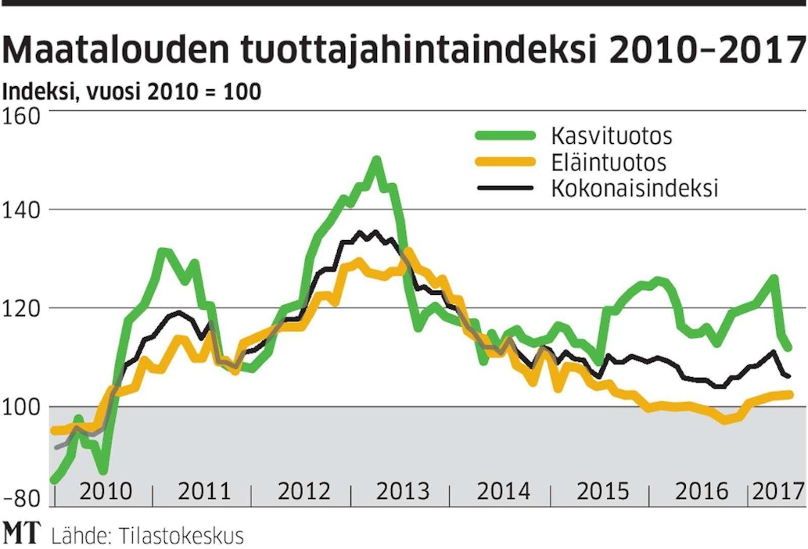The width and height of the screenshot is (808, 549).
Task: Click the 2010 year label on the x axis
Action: pyautogui.click(x=106, y=492)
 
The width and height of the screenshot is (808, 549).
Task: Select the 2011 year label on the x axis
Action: pyautogui.click(x=204, y=492)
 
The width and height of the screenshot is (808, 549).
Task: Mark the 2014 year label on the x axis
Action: pyautogui.click(x=504, y=492)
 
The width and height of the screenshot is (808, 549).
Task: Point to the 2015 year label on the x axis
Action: pyautogui.click(x=602, y=492)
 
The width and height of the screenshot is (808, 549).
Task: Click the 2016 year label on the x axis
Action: pyautogui.click(x=702, y=492)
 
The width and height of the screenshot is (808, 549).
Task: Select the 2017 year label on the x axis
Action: pyautogui.click(x=777, y=492)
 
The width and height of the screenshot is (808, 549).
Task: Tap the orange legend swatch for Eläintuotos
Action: pyautogui.click(x=505, y=163)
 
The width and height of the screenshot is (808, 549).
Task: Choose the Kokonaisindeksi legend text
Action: pyautogui.click(x=634, y=188)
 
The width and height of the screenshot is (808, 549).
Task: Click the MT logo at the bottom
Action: pyautogui.click(x=23, y=534)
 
